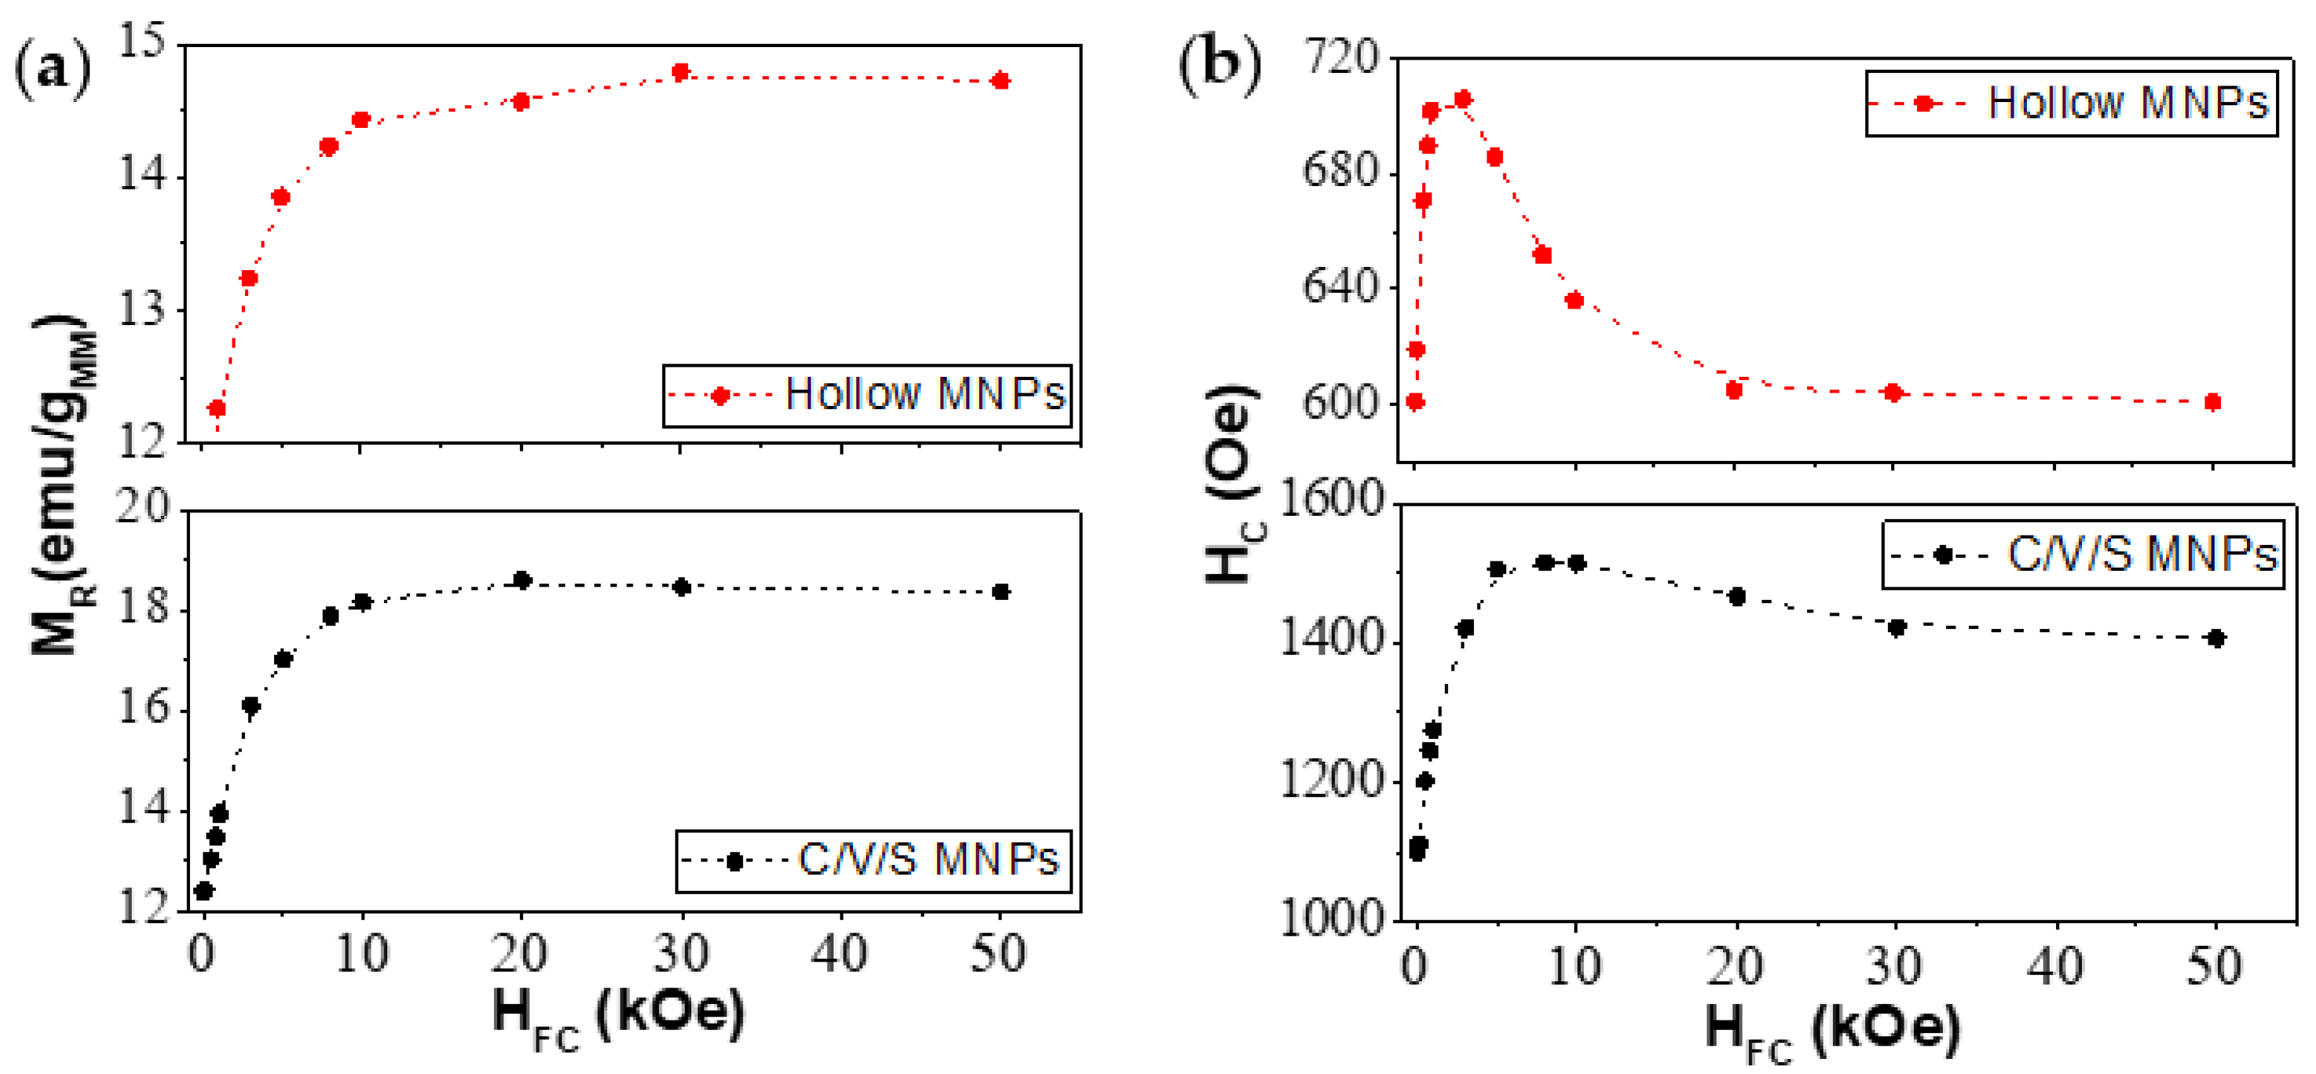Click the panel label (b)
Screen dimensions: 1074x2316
coord(1219,64)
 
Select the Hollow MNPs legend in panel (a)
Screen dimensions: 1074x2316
coord(867,396)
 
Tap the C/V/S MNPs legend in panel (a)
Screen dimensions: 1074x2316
coord(873,861)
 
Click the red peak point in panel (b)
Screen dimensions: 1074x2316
coord(1463,100)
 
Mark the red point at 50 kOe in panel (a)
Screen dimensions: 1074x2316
coord(1001,82)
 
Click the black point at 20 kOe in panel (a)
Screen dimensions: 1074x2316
coord(522,581)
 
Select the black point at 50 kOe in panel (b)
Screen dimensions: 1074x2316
coord(2216,639)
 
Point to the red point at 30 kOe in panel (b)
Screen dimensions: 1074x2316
coord(1893,393)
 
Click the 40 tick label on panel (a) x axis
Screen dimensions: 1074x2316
coord(840,955)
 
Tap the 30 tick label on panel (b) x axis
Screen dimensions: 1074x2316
coord(1894,967)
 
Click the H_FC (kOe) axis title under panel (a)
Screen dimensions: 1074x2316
coord(618,1016)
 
